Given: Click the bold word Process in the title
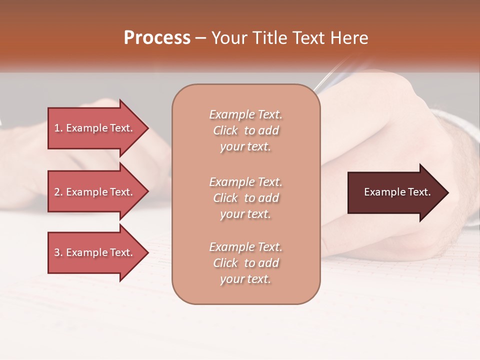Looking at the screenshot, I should [x=157, y=38].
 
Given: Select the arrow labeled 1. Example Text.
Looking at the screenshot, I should [x=95, y=128].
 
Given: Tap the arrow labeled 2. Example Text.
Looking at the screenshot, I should [x=95, y=192].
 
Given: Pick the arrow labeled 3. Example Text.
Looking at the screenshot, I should [x=95, y=252].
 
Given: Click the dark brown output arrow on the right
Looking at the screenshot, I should [x=395, y=192].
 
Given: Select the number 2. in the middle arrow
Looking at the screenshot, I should [x=58, y=192].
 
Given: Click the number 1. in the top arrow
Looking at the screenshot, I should [x=58, y=128].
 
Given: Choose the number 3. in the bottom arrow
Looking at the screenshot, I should [x=58, y=252].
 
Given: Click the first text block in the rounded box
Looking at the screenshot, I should [x=245, y=130].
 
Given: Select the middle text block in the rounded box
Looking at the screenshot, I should [x=245, y=198].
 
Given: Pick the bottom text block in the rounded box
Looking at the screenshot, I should [x=245, y=263].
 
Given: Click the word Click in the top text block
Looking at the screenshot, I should [x=225, y=130].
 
